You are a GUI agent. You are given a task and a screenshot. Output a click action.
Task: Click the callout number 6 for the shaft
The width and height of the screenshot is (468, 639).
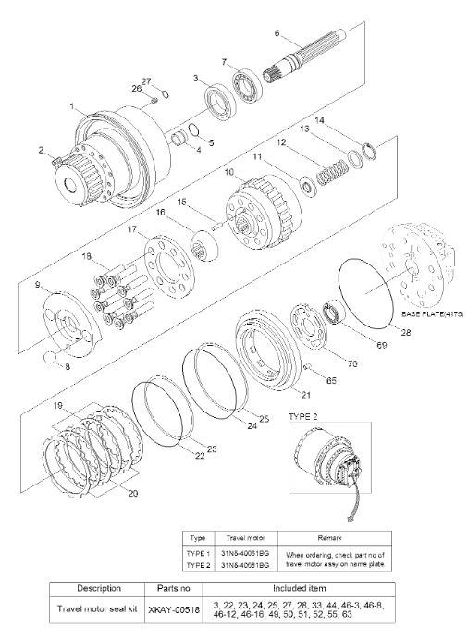pyautogui.click(x=277, y=33)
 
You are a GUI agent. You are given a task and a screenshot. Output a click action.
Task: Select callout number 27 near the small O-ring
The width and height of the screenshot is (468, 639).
pyautogui.click(x=145, y=81)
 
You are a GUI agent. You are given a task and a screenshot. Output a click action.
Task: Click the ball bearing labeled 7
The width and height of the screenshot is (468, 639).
pyautogui.click(x=248, y=91)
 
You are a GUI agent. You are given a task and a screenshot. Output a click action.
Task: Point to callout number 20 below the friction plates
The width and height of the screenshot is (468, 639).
pyautogui.click(x=132, y=493)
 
